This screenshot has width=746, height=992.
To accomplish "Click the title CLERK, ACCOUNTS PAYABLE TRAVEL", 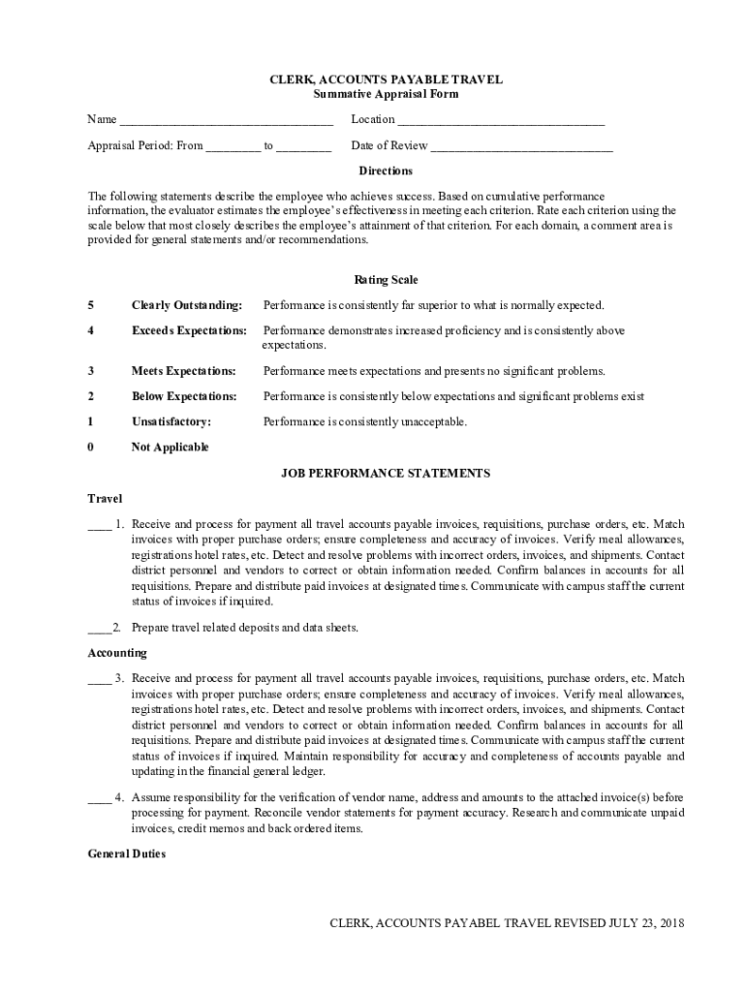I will [386, 79].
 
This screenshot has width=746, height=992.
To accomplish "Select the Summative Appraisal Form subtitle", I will [386, 94].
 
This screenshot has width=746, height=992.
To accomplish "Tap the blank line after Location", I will [501, 121].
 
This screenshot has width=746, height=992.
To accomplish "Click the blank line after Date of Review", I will [521, 147].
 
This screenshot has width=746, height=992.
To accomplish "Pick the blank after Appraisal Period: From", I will [233, 147].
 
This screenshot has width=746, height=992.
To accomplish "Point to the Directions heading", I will [386, 170].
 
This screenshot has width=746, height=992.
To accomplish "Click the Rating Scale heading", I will [386, 280].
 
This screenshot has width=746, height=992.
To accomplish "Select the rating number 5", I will [90, 305].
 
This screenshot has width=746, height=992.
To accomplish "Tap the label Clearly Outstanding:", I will [186, 305].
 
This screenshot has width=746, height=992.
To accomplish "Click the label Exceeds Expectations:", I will [189, 330].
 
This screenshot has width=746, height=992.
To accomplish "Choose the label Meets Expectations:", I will [183, 371].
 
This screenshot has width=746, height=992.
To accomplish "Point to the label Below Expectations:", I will [184, 396].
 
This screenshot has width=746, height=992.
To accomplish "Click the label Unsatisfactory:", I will [171, 421].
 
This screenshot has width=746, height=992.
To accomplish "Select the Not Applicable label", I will [170, 447].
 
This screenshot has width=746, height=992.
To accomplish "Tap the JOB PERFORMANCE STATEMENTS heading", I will [386, 473].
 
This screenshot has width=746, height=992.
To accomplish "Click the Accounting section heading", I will [117, 653].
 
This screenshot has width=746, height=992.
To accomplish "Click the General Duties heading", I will [127, 854].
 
